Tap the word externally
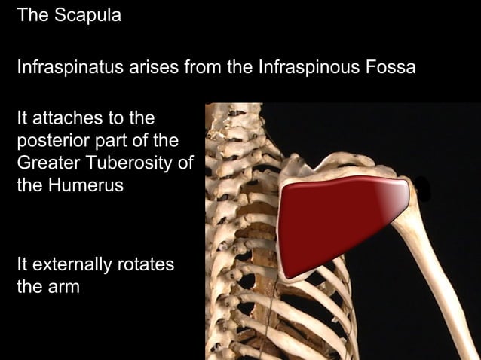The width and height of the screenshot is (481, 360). [72, 264]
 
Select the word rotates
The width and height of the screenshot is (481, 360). [146, 264]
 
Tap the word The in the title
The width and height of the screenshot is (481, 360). [32, 16]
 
